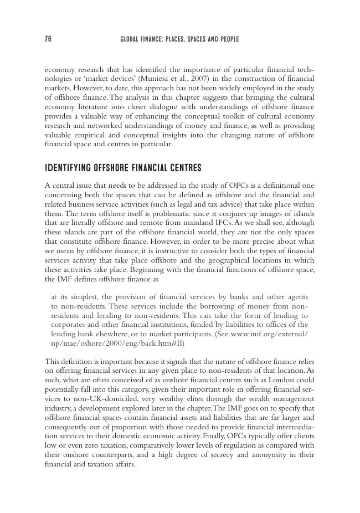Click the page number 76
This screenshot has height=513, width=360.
(48, 39)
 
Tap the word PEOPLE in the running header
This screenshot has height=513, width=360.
(227, 39)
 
